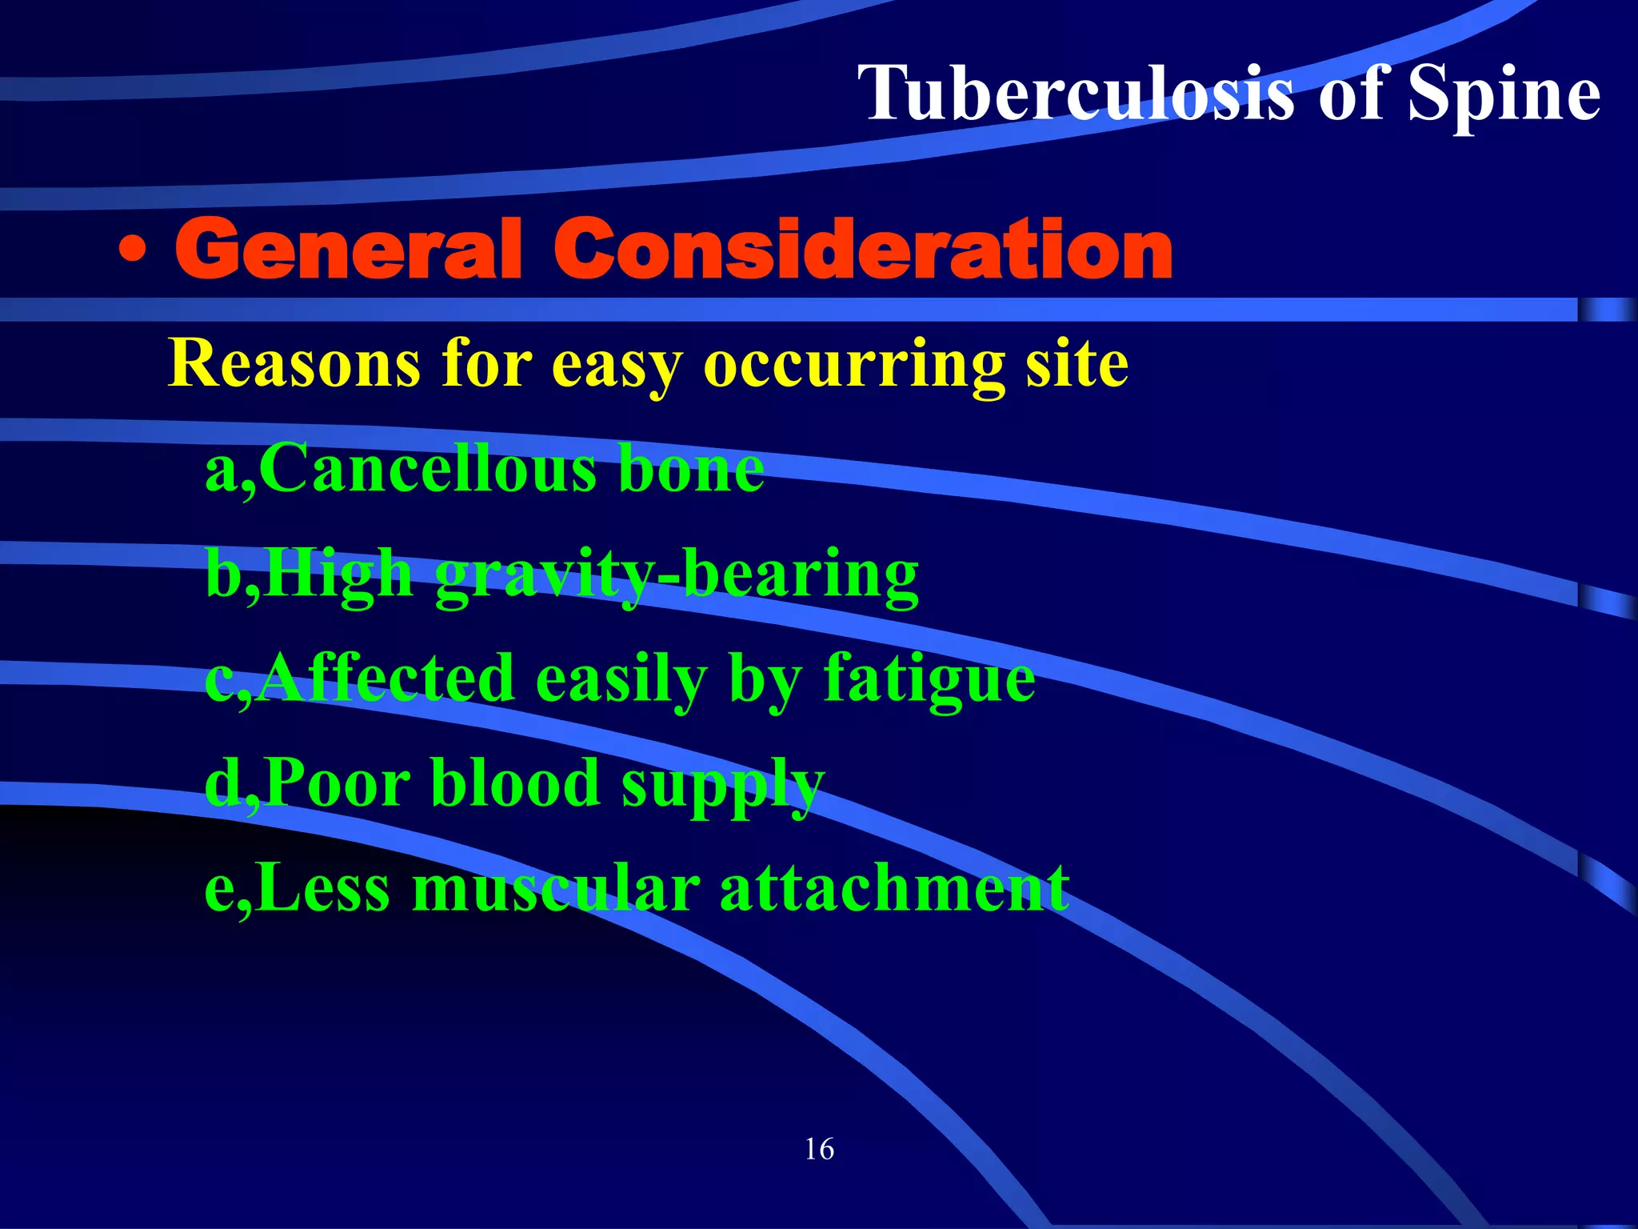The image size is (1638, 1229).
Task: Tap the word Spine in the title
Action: (1504, 94)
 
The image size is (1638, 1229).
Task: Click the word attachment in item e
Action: (894, 890)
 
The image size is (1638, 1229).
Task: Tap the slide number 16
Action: (819, 1150)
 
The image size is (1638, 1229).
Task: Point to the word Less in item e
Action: (323, 890)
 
